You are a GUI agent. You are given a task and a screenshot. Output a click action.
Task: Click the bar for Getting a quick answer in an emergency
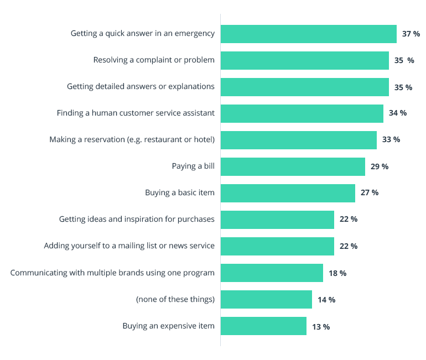308,34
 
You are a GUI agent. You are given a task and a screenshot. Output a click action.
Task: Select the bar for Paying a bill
293,166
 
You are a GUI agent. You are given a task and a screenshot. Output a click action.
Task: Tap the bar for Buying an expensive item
263,326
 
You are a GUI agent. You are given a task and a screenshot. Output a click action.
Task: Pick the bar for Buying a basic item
288,193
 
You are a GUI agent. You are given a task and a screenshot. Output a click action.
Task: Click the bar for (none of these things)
266,300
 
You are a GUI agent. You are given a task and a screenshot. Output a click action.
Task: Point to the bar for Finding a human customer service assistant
302,113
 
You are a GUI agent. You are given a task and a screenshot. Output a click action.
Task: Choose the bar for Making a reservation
298,140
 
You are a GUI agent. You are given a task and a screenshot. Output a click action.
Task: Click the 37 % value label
411,34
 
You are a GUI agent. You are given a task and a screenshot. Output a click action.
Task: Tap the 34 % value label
398,113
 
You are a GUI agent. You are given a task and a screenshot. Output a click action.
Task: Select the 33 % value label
391,140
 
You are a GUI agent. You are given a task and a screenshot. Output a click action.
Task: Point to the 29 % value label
380,166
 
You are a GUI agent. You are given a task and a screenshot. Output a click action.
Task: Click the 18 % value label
337,273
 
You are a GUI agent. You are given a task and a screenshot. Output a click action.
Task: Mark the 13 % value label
321,327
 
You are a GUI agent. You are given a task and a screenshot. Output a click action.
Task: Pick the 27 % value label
370,193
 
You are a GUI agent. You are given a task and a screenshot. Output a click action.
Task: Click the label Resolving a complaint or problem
154,60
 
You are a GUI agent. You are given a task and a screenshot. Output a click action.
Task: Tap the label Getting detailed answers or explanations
141,86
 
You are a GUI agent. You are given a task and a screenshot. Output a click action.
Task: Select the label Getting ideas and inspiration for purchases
137,220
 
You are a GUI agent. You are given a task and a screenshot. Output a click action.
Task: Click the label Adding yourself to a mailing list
129,246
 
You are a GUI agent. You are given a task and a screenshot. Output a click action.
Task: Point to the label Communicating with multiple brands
112,273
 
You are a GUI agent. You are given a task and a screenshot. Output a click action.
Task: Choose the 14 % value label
326,300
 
